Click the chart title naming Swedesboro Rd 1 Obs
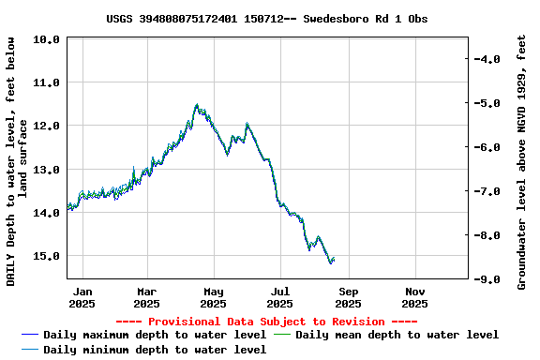pyautogui.click(x=267, y=18)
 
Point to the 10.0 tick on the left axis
pyautogui.click(x=50, y=39)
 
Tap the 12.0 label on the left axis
pyautogui.click(x=50, y=126)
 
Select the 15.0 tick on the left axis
pyautogui.click(x=50, y=256)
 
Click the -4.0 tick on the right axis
pyautogui.click(x=489, y=59)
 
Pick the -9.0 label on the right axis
pyautogui.click(x=489, y=279)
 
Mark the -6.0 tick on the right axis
pyautogui.click(x=489, y=147)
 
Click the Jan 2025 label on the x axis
pyautogui.click(x=82, y=297)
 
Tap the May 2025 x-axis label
pyautogui.click(x=214, y=297)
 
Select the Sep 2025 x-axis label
pyautogui.click(x=348, y=297)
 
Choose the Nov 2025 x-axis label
pyautogui.click(x=414, y=297)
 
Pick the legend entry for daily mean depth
pyautogui.click(x=397, y=335)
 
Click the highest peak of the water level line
pyautogui.click(x=197, y=105)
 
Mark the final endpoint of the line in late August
pyautogui.click(x=334, y=260)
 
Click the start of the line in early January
pyautogui.click(x=67, y=206)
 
